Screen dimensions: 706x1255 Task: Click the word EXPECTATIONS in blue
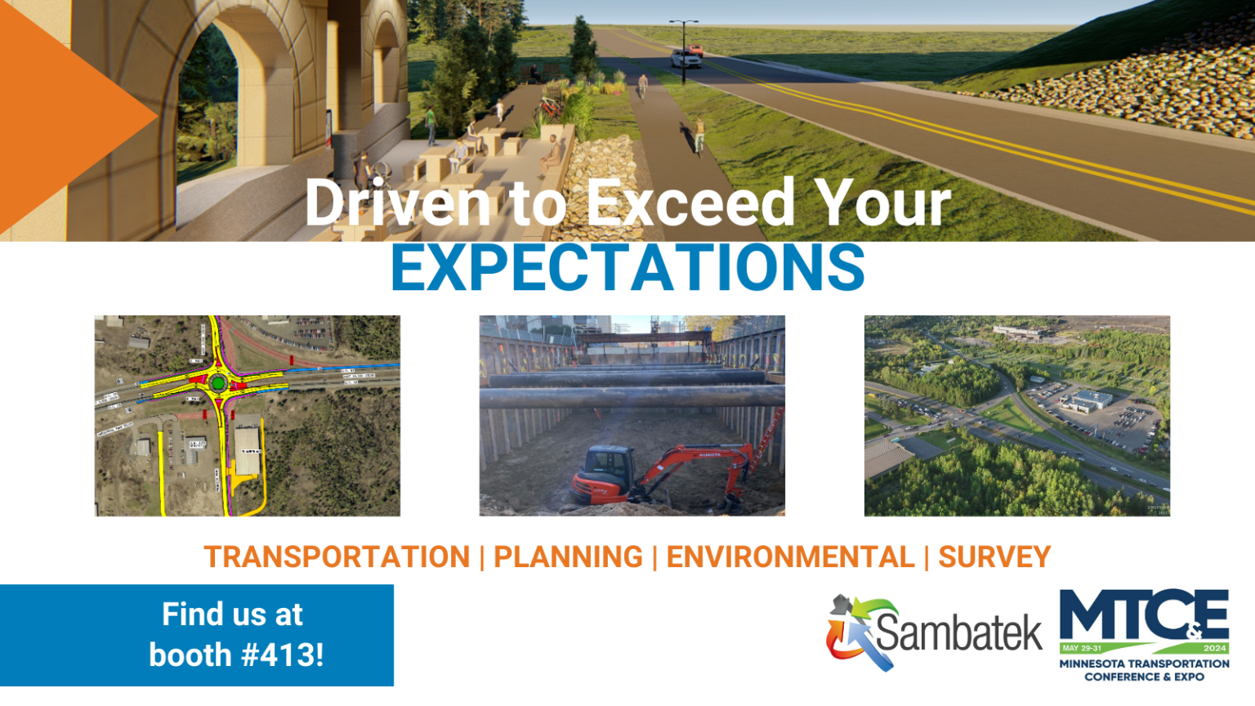click(x=627, y=267)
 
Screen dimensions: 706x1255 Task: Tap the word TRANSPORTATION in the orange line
click(x=337, y=557)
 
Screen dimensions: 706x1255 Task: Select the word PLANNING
click(x=568, y=557)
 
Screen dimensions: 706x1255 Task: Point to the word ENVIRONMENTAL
click(x=790, y=557)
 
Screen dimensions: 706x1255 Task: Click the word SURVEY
click(x=994, y=557)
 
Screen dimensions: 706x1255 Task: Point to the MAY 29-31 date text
click(x=1082, y=648)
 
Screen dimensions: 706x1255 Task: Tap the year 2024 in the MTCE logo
click(x=1214, y=648)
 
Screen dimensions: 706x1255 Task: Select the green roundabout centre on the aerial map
click(x=217, y=382)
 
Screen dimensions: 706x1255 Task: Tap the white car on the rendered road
click(x=686, y=59)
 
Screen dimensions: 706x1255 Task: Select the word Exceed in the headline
click(x=690, y=203)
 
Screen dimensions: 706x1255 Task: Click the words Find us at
click(x=232, y=614)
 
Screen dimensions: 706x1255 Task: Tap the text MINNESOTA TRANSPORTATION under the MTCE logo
click(x=1144, y=664)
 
